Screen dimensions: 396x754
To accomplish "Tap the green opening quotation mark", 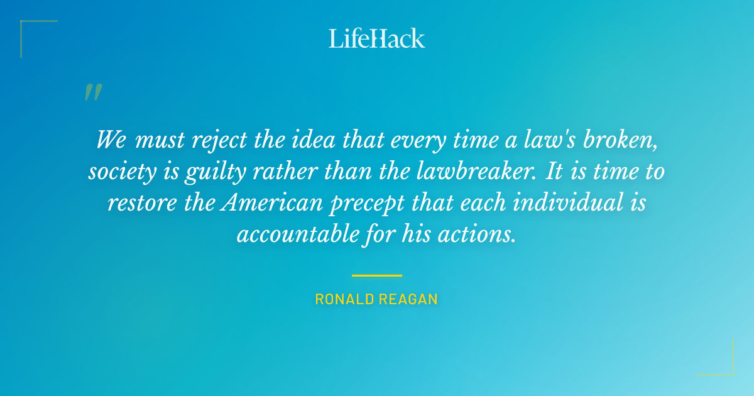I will [93, 92].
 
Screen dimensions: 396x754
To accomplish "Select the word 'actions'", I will [480, 235].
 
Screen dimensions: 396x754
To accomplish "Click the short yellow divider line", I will [377, 275].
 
